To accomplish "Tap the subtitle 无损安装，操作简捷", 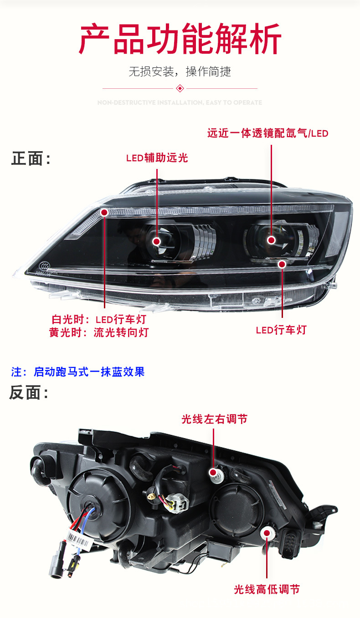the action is (180, 72).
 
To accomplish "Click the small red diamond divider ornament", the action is (180, 88).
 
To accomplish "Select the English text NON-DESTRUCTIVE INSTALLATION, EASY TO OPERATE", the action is (180, 102).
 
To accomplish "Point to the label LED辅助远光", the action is (157, 158).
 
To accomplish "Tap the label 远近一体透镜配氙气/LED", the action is (267, 133).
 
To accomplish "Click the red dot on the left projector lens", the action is (157, 241).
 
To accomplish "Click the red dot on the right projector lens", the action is (272, 240).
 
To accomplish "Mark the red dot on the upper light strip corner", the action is (104, 212).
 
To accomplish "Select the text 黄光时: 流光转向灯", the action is (99, 332).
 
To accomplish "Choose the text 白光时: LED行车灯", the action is (99, 319).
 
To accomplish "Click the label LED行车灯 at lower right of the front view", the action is (281, 330).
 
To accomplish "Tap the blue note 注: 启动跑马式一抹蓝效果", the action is (78, 372).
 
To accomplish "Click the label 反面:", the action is (29, 393).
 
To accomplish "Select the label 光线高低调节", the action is (267, 589).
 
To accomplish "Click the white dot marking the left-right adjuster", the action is (213, 472).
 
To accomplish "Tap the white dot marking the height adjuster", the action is (266, 532).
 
